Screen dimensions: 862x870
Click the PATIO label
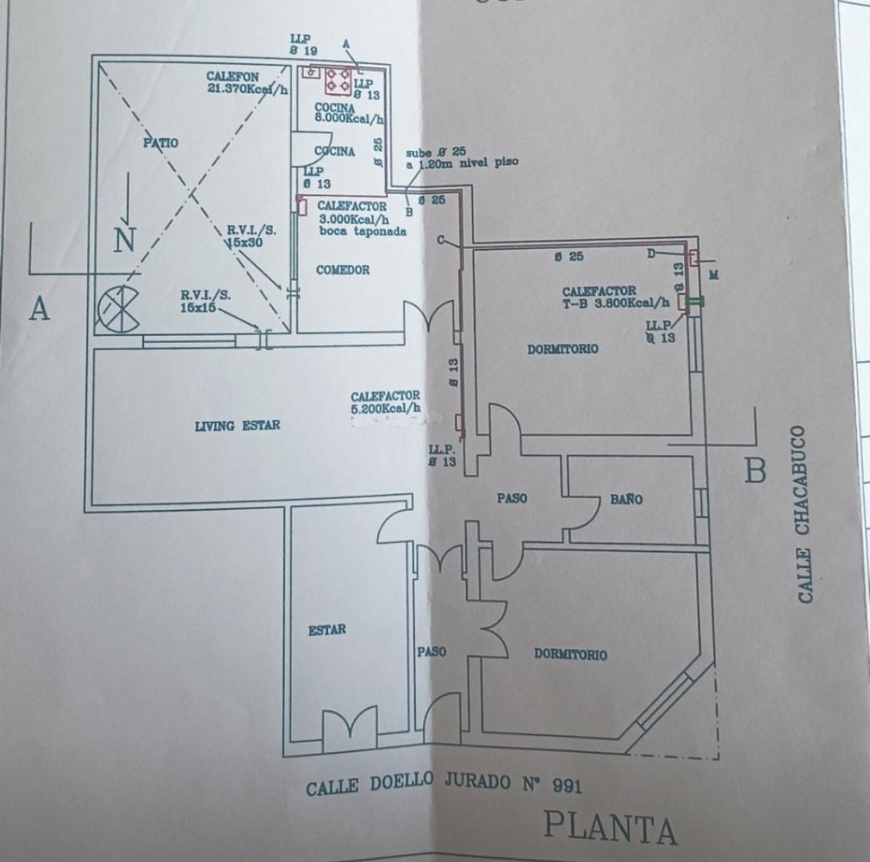[160, 143]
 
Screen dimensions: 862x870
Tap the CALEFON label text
[232, 77]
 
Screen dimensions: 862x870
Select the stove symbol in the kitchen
[338, 77]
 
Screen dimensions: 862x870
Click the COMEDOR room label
[342, 271]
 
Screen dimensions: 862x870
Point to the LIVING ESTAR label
[237, 426]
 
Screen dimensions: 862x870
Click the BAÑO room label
[627, 500]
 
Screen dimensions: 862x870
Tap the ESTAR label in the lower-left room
[327, 631]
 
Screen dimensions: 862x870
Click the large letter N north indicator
[125, 239]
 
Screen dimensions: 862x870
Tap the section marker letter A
[39, 309]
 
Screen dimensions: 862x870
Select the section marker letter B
[754, 471]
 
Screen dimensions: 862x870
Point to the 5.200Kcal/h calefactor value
[386, 409]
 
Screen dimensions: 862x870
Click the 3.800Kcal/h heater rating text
[639, 302]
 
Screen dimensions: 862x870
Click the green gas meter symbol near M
[696, 301]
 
